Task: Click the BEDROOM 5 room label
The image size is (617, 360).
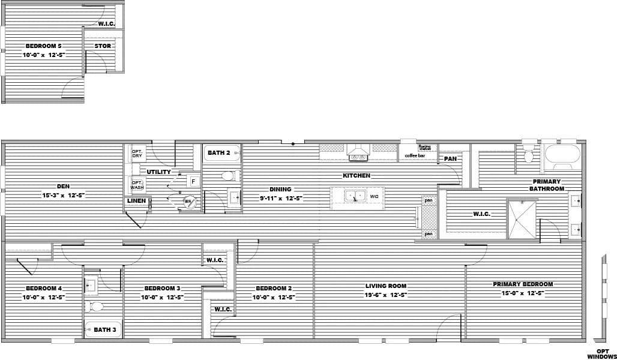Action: [43, 46]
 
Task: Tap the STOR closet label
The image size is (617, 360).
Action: [103, 46]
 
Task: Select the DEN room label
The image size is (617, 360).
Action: [63, 187]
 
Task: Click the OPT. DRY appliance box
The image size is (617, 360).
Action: [138, 153]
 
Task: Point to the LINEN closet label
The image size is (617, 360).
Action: [137, 201]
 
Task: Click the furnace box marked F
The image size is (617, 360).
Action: [193, 181]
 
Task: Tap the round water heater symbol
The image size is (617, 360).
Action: [189, 202]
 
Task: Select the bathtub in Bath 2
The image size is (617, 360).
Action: [221, 153]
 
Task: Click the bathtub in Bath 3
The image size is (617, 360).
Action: [103, 329]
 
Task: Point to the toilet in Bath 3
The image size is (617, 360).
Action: [95, 307]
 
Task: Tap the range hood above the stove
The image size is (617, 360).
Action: [359, 150]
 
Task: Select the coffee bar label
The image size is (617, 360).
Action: [415, 156]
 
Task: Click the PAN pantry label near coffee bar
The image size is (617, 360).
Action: [450, 159]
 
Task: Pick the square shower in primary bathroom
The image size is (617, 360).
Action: [522, 219]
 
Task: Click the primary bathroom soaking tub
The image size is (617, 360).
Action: [562, 154]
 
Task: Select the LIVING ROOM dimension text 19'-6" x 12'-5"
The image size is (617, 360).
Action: [386, 295]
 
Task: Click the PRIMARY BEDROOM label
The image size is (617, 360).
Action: [523, 284]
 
